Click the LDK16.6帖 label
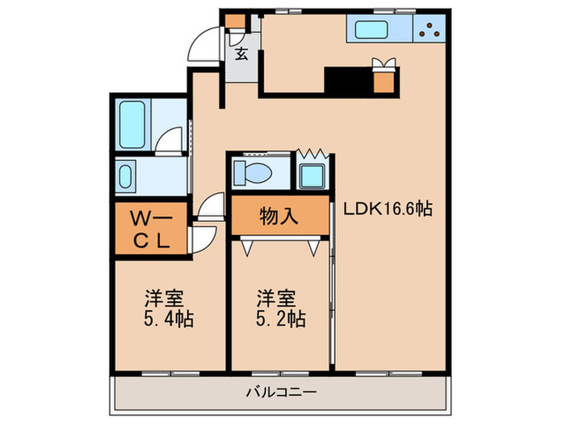(389, 208)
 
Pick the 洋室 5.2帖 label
(281, 308)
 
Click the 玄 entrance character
(241, 55)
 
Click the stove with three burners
(428, 31)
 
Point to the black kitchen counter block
(348, 82)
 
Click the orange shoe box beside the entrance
(234, 22)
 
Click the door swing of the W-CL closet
(203, 240)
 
